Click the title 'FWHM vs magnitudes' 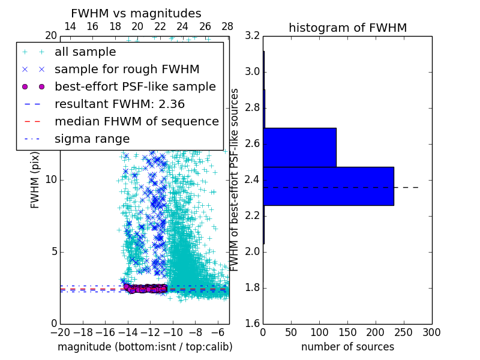click(x=136, y=13)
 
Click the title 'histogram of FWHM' click(x=347, y=28)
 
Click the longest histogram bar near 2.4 click(x=328, y=186)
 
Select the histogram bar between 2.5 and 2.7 click(x=299, y=147)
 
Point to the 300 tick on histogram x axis click(x=432, y=332)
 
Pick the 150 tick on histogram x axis click(x=347, y=332)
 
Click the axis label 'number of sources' click(x=347, y=347)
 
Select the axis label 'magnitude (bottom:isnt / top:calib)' click(x=145, y=347)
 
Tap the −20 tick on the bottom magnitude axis click(x=60, y=332)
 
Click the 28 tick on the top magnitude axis click(x=227, y=26)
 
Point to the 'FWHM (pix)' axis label click(x=35, y=180)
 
